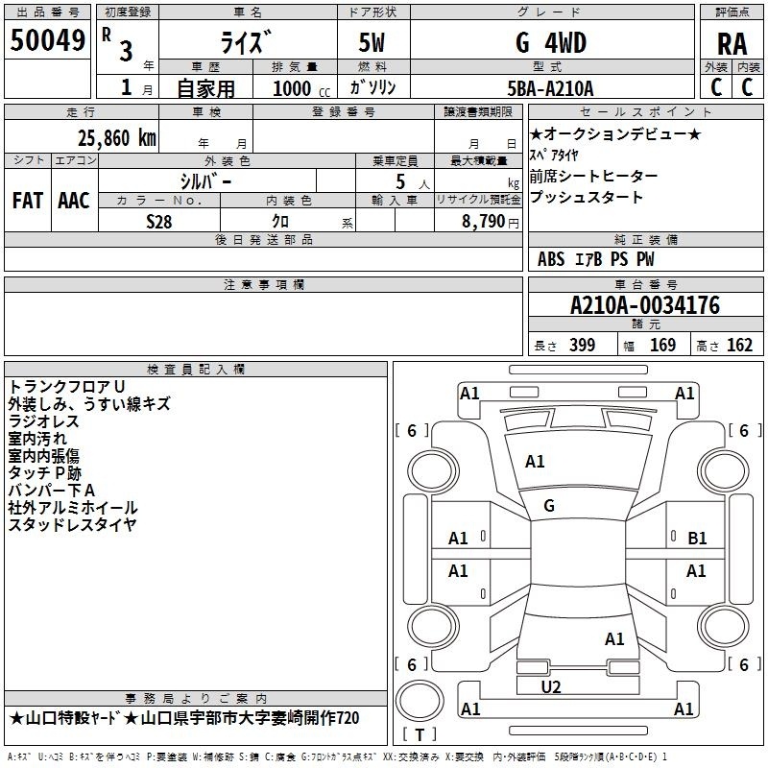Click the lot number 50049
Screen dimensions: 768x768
click(47, 40)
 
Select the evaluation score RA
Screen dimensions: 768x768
click(732, 44)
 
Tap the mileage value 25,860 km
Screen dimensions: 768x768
click(116, 138)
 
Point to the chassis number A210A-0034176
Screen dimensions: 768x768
click(645, 305)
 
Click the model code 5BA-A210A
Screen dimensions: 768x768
click(550, 88)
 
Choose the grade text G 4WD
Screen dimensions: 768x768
click(551, 43)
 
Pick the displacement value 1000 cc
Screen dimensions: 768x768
click(301, 88)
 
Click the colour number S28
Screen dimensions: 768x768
click(159, 222)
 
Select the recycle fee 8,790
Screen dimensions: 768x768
click(484, 222)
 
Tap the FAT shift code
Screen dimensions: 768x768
click(28, 201)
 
